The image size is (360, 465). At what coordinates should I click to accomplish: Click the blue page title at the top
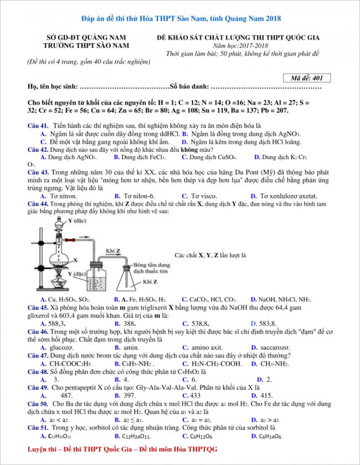pos(180,18)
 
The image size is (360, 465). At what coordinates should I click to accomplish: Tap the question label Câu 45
pos(37,306)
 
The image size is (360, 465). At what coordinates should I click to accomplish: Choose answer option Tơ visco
pos(204,196)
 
